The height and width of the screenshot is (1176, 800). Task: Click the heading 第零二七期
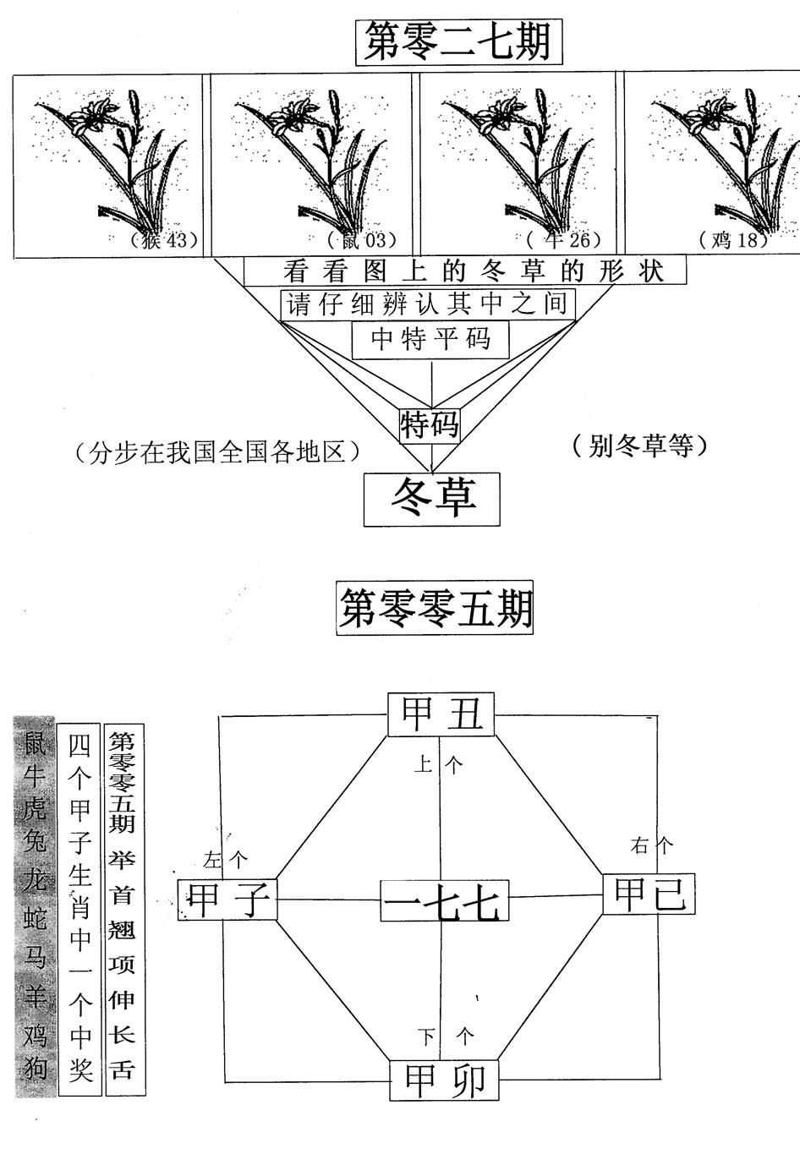coord(458,41)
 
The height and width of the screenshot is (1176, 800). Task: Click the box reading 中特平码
coord(431,340)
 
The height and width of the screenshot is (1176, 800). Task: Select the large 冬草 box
coord(432,498)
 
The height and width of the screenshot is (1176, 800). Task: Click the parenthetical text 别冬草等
coord(638,445)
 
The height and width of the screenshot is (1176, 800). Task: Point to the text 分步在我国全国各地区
coord(217,452)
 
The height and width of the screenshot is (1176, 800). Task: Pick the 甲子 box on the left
coord(227,899)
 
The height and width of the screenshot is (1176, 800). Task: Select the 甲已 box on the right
coord(649,894)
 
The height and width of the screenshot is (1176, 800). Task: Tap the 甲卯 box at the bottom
coord(444,1080)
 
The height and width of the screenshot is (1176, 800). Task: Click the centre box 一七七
coord(444,901)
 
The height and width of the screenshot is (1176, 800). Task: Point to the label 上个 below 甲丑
coord(439,765)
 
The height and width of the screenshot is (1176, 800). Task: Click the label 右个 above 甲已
coord(651,844)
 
